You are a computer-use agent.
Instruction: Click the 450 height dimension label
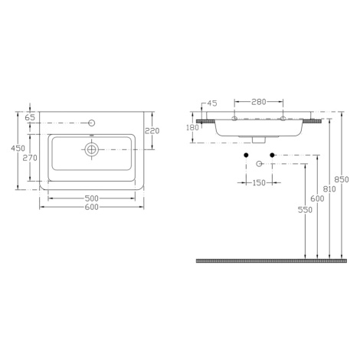coord(18,148)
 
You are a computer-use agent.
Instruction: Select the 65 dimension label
coord(30,118)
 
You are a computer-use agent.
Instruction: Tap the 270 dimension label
coord(30,158)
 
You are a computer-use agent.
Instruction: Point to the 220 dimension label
coord(152,131)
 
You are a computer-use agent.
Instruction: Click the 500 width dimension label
coord(91,198)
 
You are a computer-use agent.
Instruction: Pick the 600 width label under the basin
coord(91,207)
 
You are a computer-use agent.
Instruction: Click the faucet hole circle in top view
coord(92,123)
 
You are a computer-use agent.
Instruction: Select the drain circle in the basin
coord(91,149)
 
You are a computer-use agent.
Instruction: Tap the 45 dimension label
coord(212,103)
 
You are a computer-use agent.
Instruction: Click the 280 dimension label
coord(259,102)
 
